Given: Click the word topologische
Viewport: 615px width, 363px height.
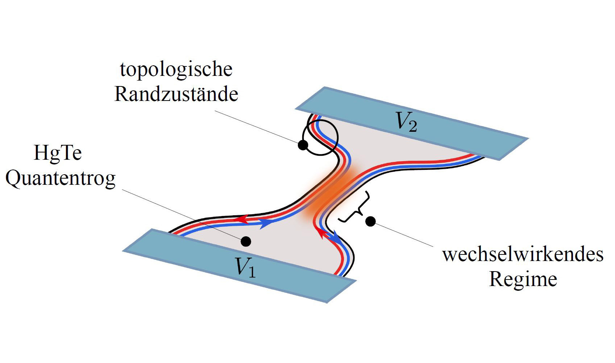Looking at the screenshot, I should pos(176,70).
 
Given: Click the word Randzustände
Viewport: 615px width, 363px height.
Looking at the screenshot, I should pos(176,94).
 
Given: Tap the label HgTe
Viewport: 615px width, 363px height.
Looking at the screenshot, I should pos(58,153).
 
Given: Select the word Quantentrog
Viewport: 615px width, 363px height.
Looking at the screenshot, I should pos(61,179).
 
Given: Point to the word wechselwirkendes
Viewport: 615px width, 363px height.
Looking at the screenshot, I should pos(523,254).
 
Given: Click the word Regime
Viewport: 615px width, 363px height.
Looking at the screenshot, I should pos(523,280).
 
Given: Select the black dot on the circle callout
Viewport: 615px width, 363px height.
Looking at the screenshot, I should pos(303,145).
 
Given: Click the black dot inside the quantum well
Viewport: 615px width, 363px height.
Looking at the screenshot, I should pos(246,241).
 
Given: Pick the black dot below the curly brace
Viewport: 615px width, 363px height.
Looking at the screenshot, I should pos(370,221).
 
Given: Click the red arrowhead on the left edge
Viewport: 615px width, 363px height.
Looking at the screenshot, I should pos(241,219).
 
